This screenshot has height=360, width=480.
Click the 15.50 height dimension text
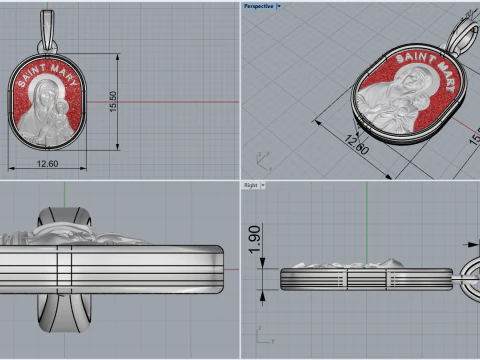(113, 101)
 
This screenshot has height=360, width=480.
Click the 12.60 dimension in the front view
(47, 164)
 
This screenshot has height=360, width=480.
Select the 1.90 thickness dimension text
(255, 239)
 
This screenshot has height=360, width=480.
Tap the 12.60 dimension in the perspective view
(357, 145)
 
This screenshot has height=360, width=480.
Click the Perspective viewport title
(258, 6)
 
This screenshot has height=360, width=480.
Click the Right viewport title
(251, 185)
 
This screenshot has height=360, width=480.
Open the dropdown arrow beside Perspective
(279, 6)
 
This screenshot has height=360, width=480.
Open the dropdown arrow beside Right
(263, 185)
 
